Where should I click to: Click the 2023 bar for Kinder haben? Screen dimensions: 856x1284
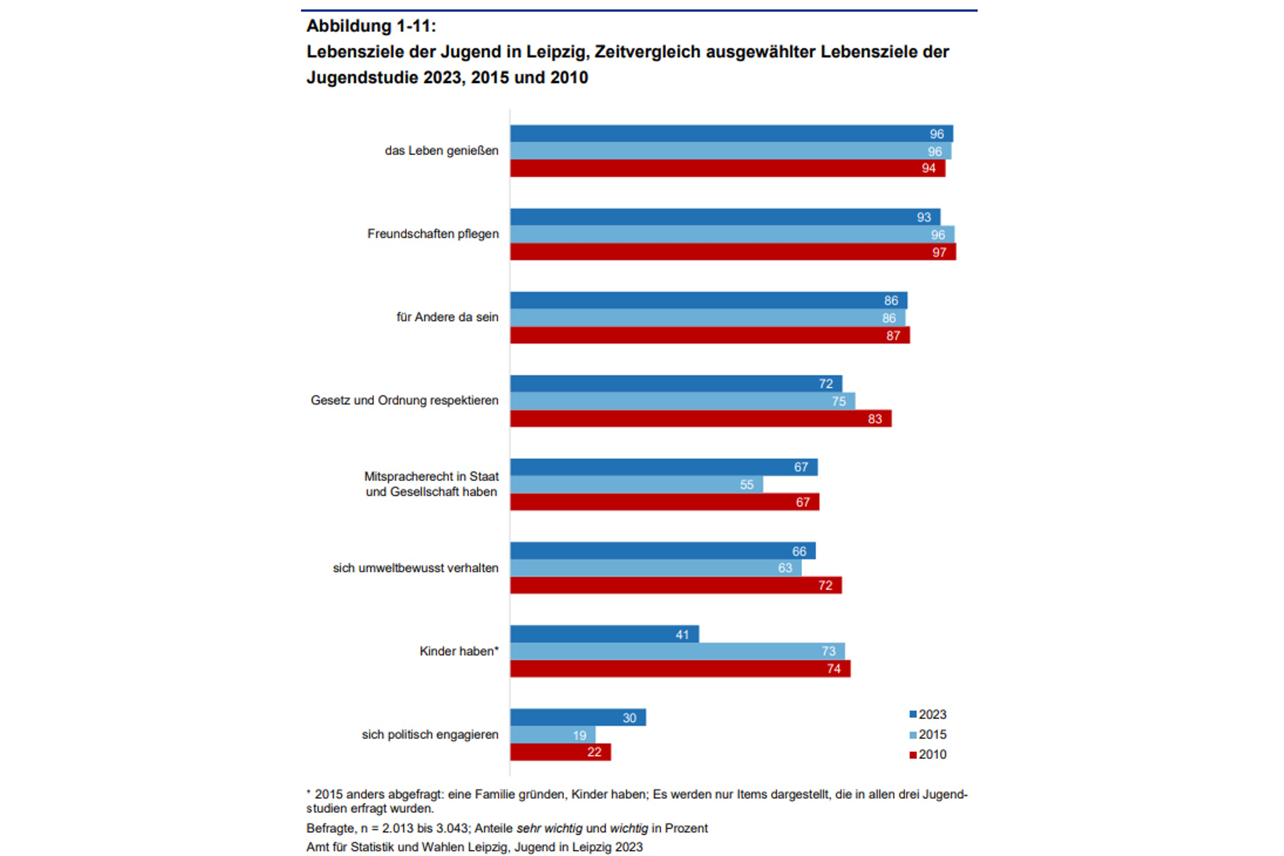coord(604,634)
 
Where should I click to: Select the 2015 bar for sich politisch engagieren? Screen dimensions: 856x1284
coord(552,735)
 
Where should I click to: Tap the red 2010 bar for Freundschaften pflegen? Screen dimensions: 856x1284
coord(732,252)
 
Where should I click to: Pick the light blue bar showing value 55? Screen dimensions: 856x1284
coord(636,484)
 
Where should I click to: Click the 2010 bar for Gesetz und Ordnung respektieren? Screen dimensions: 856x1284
coord(700,419)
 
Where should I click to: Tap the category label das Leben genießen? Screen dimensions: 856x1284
coord(441,151)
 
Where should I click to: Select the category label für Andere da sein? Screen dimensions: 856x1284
coord(447,317)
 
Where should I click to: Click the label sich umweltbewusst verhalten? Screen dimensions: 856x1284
coord(415,568)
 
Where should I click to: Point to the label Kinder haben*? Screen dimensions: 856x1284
coord(459,651)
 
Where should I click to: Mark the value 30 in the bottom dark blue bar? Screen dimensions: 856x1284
coord(629,718)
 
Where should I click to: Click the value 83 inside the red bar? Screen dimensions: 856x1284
coord(874,419)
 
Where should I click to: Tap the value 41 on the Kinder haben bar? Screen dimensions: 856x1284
coord(682,635)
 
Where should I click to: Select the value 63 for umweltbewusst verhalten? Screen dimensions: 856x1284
coord(785,568)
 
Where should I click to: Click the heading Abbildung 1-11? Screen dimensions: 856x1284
coord(371,26)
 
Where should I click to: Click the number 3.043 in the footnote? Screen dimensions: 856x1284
coord(451,828)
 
